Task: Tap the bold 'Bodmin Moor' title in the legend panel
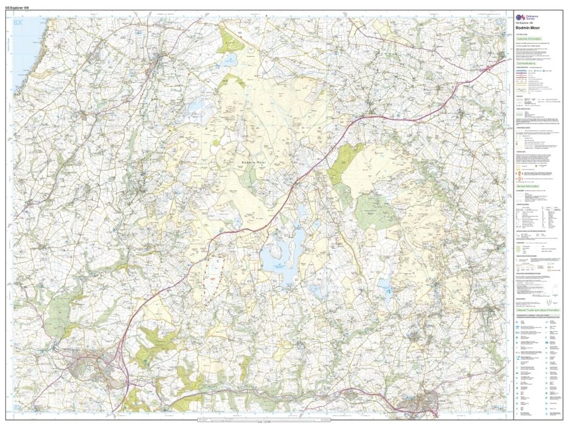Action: (x=530, y=29)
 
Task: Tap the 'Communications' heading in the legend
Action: (x=528, y=64)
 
